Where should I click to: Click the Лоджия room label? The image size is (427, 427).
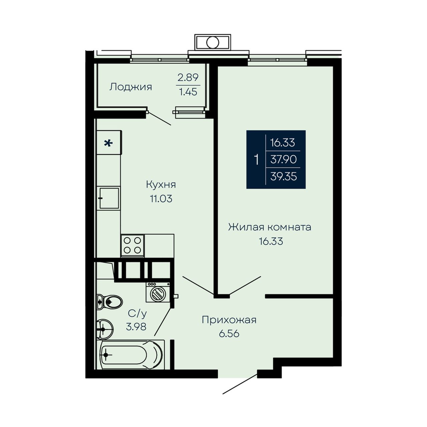(x=131, y=87)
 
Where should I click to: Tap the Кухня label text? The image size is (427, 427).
(x=161, y=184)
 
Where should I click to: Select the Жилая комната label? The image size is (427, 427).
(x=270, y=227)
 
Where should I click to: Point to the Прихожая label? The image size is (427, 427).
(x=229, y=320)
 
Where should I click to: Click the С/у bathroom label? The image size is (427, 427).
(x=137, y=314)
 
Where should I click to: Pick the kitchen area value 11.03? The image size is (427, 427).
(x=161, y=199)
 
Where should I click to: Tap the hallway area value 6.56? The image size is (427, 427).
(x=229, y=334)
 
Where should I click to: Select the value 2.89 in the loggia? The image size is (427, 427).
(x=188, y=77)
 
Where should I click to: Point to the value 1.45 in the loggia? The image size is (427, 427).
(x=188, y=91)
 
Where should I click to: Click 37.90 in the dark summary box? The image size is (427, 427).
(x=284, y=159)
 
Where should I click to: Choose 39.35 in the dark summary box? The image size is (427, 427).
(x=284, y=176)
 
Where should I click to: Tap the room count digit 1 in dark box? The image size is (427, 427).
(x=257, y=159)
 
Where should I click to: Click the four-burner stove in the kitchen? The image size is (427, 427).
(x=132, y=246)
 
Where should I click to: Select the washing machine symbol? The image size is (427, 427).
(x=158, y=292)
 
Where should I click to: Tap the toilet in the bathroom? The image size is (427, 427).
(x=109, y=301)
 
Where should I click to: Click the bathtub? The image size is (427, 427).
(x=131, y=355)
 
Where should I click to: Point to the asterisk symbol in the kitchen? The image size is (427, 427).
(x=108, y=143)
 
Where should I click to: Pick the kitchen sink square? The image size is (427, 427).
(x=109, y=198)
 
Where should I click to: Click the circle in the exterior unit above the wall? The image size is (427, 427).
(x=212, y=42)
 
